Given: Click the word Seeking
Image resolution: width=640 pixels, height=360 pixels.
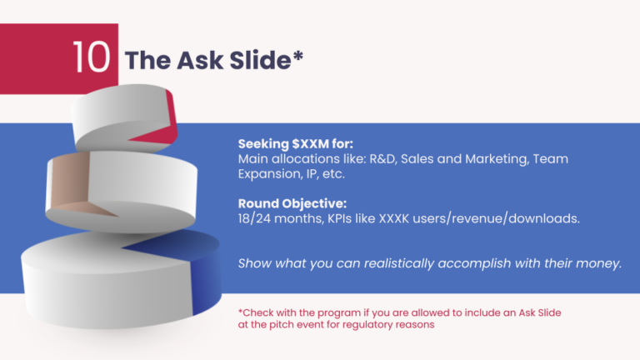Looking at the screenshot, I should click(264, 142).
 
